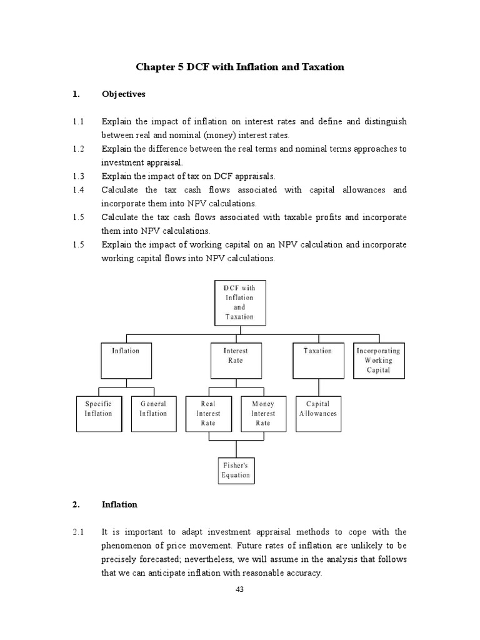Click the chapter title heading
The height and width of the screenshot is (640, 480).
pos(239,67)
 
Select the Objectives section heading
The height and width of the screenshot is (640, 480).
pos(124,94)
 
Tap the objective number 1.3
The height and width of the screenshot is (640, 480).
pos(78,176)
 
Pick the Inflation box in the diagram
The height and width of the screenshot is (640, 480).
pos(126,359)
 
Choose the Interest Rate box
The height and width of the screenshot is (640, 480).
pos(236,359)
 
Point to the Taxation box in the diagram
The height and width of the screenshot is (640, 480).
pos(317,359)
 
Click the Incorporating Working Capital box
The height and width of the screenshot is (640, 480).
pos(379,360)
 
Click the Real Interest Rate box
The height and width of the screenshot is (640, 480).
pos(208,413)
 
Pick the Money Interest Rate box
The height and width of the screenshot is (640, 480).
pos(263,413)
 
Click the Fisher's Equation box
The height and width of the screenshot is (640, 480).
pos(236,470)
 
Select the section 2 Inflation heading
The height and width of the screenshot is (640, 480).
pos(119,504)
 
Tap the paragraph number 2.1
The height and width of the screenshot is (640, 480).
pos(78,532)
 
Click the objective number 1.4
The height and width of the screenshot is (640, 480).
pos(78,189)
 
